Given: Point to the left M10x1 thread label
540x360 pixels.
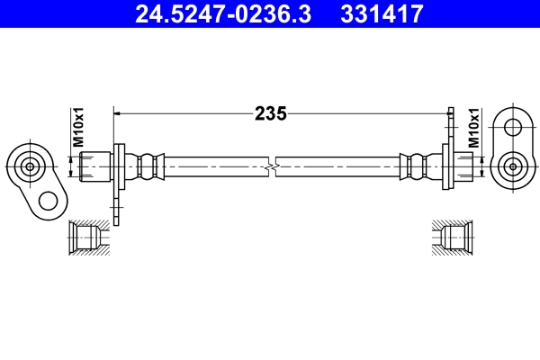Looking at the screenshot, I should pyautogui.click(x=78, y=127).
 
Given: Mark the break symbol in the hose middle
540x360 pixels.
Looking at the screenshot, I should pyautogui.click(x=271, y=166).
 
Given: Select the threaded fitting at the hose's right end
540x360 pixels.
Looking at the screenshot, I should pyautogui.click(x=461, y=166).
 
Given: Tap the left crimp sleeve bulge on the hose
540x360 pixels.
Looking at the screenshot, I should pyautogui.click(x=149, y=166).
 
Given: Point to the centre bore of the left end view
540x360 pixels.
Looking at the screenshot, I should pyautogui.click(x=30, y=166).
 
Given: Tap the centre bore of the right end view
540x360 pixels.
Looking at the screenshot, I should pyautogui.click(x=513, y=166).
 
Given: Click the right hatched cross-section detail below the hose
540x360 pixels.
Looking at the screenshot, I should pyautogui.click(x=452, y=237).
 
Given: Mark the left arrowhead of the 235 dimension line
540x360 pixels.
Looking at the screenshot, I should pyautogui.click(x=117, y=113).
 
